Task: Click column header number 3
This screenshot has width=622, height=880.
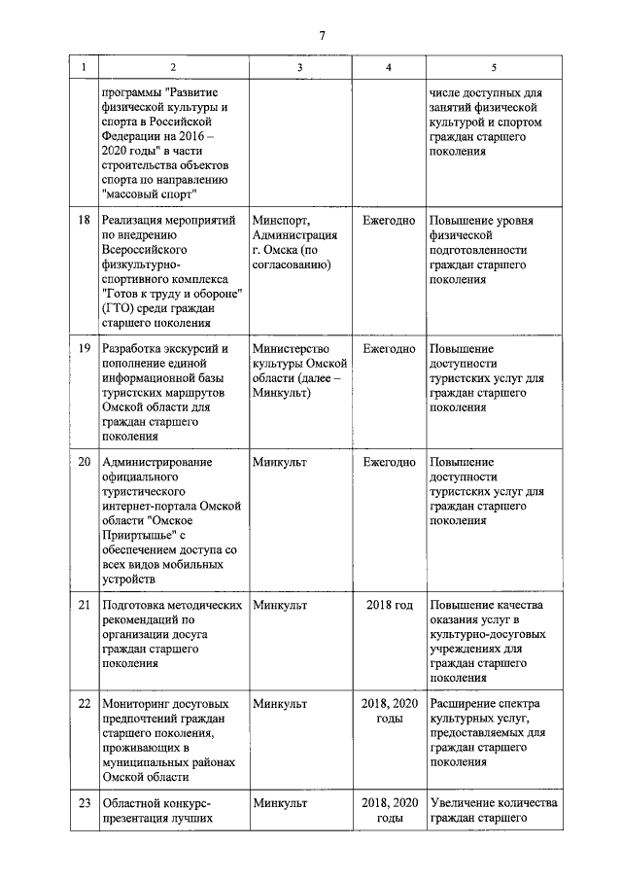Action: click(x=299, y=67)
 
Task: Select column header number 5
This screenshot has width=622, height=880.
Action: click(x=494, y=67)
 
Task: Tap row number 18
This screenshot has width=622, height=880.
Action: click(x=84, y=222)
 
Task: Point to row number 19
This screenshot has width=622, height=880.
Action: click(x=84, y=349)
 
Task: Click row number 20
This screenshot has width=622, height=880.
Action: click(x=84, y=462)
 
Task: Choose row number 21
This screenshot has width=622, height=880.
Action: click(x=84, y=605)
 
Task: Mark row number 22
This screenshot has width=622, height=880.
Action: click(x=84, y=703)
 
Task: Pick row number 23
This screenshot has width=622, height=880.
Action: click(x=84, y=803)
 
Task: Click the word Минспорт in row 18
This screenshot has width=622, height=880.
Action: click(x=281, y=222)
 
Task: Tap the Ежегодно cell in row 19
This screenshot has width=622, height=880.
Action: click(x=389, y=349)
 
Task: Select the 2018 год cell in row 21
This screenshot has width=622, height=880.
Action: click(x=389, y=605)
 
